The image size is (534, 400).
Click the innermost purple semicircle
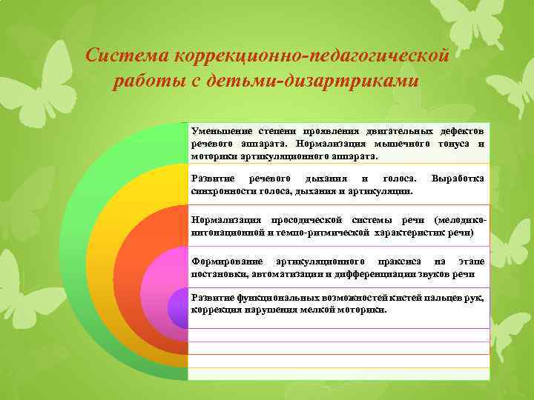point(178,307)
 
